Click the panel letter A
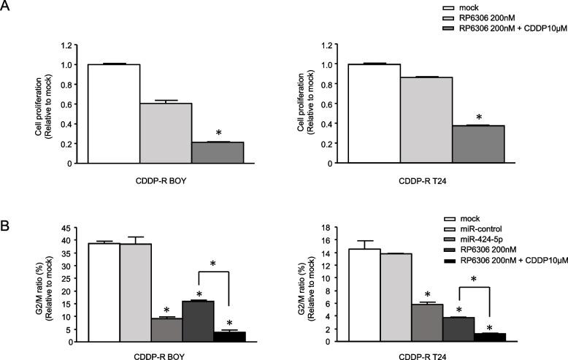pos(7,7)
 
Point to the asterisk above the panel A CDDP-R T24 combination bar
pos(479,117)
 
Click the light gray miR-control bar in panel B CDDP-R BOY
pos(135,292)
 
